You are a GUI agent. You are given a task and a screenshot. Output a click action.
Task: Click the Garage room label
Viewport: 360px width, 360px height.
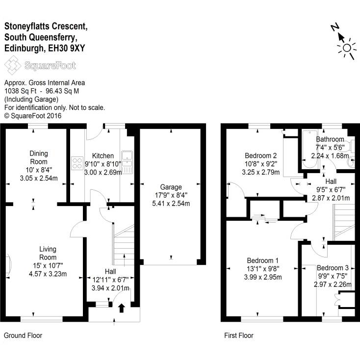point(170,187)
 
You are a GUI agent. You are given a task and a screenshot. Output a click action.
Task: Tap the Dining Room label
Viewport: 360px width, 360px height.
point(38,157)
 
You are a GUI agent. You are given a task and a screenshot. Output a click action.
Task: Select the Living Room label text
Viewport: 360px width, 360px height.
point(48,253)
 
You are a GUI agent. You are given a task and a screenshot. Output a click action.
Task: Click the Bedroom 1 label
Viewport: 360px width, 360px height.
point(263,260)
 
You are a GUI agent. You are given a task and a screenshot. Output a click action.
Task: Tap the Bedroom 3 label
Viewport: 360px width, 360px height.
point(332,268)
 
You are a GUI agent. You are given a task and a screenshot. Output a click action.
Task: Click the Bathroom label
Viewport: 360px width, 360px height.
point(330,139)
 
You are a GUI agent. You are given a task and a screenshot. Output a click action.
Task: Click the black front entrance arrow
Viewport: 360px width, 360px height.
point(122,308)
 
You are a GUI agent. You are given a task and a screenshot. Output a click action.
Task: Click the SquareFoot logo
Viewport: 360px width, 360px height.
point(40,65)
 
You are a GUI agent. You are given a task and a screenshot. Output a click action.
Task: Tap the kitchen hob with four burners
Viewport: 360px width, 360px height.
point(77,163)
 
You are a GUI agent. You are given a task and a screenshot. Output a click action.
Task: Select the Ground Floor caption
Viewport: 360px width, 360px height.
point(23,335)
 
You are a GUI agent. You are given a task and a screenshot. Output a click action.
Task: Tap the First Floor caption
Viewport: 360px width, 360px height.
point(238,335)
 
